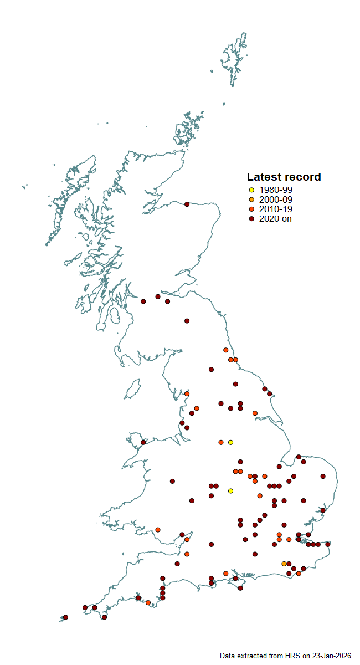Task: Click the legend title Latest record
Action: click(284, 177)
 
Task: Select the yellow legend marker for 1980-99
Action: click(251, 190)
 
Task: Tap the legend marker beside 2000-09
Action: click(251, 199)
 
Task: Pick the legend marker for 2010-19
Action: click(251, 209)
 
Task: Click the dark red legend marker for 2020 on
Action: click(251, 219)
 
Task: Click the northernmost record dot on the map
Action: click(187, 204)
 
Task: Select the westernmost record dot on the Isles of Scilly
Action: click(65, 617)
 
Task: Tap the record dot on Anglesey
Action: click(143, 442)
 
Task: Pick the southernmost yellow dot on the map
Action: click(230, 491)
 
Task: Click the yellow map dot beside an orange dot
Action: click(230, 442)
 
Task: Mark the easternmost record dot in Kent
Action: click(328, 544)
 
